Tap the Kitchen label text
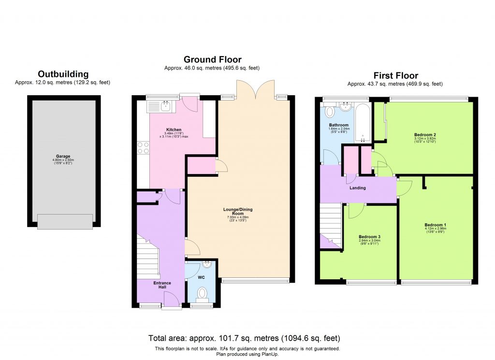click(174, 130)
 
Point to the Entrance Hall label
click(162, 285)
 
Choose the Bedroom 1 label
click(435, 225)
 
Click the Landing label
click(358, 188)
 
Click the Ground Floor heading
click(212, 59)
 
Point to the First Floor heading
click(395, 75)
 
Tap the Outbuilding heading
click(63, 74)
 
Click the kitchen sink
click(164, 105)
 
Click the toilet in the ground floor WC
click(203, 293)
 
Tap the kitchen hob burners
click(143, 147)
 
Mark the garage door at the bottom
click(64, 222)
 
